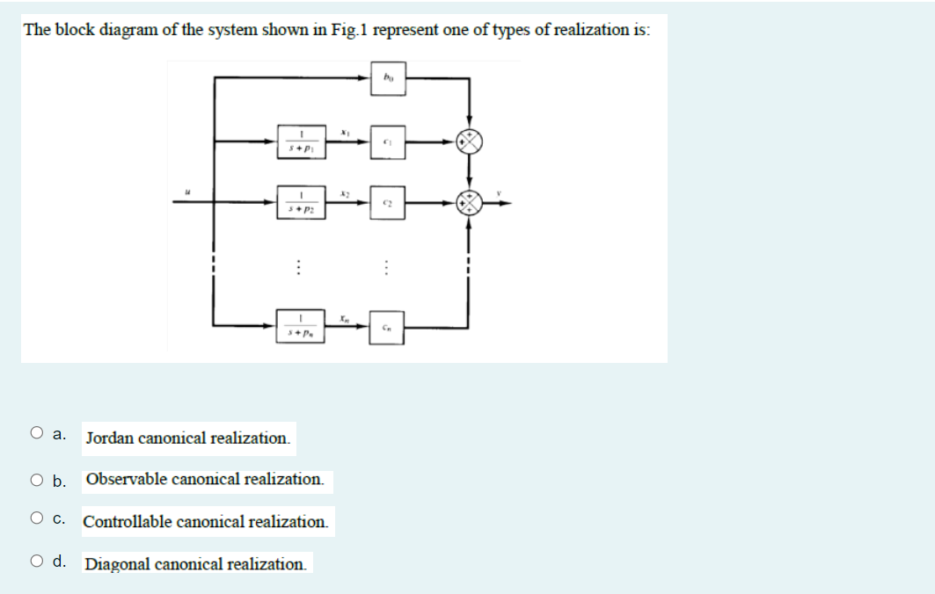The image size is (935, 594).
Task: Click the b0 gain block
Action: pos(388,78)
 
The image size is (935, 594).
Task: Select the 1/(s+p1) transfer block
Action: pos(300,141)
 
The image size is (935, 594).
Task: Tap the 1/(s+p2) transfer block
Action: pos(300,203)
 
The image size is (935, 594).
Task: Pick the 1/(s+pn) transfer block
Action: pos(300,326)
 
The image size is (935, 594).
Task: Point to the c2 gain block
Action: pos(388,203)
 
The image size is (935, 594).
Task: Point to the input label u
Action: pos(186,189)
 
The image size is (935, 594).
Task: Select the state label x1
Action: pos(345,131)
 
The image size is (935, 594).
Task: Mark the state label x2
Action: pos(345,192)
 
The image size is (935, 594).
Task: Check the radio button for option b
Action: pos(37,480)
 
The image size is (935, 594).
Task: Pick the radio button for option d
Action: pos(37,562)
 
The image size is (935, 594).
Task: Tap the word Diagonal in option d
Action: pos(118,564)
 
